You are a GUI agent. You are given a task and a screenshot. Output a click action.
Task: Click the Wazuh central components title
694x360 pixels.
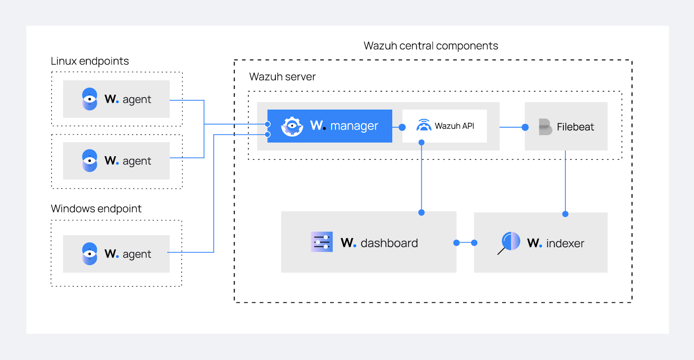click(x=431, y=46)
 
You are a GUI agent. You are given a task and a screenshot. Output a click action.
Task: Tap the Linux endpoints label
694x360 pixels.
click(x=90, y=61)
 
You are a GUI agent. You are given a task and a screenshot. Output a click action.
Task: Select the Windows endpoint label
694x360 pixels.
click(x=96, y=209)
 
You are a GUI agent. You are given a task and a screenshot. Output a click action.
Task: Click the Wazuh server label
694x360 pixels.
click(x=282, y=77)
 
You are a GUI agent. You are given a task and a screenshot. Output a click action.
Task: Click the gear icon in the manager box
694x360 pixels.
click(x=292, y=126)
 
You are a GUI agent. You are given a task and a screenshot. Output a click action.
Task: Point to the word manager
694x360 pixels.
click(x=354, y=126)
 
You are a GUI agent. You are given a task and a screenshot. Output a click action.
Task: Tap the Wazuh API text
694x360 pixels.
click(x=454, y=126)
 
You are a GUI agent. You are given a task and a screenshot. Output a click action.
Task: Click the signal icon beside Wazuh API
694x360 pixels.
click(x=423, y=126)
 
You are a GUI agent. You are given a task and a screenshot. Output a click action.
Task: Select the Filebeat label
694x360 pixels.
click(x=575, y=127)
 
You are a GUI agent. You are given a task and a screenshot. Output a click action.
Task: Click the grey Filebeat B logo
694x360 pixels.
click(x=545, y=127)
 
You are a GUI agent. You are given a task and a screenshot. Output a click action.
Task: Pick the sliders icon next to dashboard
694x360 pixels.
click(x=322, y=242)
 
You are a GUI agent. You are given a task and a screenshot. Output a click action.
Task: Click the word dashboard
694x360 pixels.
click(x=389, y=243)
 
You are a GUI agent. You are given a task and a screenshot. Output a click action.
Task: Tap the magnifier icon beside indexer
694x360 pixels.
click(x=510, y=242)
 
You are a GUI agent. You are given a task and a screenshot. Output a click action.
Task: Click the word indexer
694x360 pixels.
click(x=565, y=244)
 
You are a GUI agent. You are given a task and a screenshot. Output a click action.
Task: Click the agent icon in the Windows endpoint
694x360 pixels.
click(x=90, y=254)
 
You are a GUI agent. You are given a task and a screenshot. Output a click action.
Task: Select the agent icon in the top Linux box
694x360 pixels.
click(x=90, y=99)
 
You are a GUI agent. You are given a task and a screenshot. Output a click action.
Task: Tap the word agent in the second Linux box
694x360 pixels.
click(x=137, y=161)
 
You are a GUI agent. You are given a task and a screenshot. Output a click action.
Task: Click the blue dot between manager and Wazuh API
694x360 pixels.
click(x=402, y=128)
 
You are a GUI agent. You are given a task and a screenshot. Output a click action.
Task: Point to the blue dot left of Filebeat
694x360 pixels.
click(x=525, y=128)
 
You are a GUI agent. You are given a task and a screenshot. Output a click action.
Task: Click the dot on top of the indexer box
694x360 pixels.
click(x=565, y=214)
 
